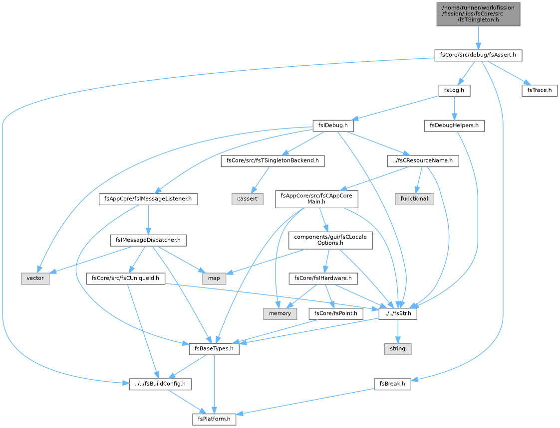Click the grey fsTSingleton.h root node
478,14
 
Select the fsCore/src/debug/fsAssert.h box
478,55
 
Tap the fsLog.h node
454,90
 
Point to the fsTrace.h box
539,90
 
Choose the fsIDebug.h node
333,126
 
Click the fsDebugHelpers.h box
454,126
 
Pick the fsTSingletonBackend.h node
273,161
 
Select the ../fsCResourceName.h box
423,161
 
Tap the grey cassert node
247,199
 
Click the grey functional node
414,199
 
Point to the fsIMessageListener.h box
148,199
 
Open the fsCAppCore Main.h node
316,199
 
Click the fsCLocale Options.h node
330,240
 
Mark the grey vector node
35,278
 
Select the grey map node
214,278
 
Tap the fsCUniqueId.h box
125,278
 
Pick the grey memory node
280,313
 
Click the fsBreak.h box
392,384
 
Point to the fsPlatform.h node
214,419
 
